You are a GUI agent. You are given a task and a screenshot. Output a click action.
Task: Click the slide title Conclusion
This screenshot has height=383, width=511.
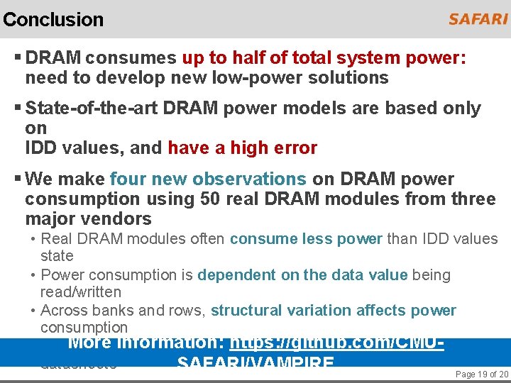53,19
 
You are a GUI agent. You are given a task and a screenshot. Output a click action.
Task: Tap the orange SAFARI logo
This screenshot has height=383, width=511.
478,19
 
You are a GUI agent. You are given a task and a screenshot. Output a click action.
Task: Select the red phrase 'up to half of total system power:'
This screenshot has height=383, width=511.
324,58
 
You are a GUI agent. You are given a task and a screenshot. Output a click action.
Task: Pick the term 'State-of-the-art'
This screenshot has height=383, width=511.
92,109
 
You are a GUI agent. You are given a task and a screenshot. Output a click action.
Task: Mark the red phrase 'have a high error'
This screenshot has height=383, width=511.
242,148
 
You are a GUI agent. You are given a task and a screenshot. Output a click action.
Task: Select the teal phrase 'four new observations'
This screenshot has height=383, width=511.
208,179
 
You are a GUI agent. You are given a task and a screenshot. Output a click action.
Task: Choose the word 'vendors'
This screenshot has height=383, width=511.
119,218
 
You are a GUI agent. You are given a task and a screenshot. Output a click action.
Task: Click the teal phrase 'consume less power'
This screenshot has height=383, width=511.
306,239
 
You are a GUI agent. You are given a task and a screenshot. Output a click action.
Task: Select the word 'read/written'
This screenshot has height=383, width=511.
81,292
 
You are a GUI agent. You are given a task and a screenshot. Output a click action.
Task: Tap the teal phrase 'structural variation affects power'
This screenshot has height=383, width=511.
333,310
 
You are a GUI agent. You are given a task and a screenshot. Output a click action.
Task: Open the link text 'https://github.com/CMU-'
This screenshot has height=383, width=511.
336,343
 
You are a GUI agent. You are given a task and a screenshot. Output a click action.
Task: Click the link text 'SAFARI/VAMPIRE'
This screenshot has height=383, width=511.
255,364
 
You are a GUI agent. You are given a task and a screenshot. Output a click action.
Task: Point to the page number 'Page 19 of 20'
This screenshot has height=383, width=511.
482,374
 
